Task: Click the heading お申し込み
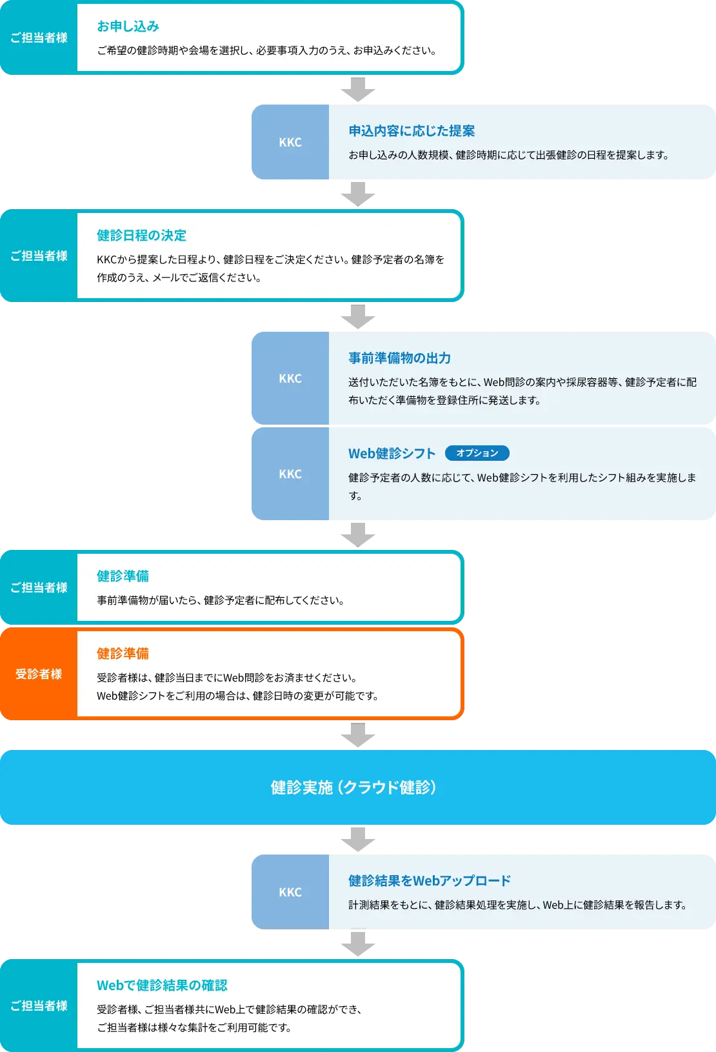[128, 26]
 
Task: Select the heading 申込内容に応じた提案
[412, 131]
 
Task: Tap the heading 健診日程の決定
[141, 236]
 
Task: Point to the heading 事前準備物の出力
[399, 358]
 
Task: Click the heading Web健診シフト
[392, 454]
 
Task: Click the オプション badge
[477, 453]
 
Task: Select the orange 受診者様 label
[39, 674]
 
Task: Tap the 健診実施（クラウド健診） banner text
[353, 787]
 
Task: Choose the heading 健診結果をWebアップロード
[429, 881]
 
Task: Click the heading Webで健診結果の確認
[162, 986]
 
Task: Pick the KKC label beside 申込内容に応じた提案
[290, 142]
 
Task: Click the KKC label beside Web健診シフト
[290, 474]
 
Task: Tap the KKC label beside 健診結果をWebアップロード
[290, 892]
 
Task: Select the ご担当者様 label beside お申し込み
[39, 37]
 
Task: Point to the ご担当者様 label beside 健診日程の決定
[39, 256]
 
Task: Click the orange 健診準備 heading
[123, 654]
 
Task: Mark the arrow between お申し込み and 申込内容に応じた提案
[359, 90]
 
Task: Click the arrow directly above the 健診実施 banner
[359, 735]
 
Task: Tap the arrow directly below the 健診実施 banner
[359, 839]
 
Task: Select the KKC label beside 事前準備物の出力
[290, 378]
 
